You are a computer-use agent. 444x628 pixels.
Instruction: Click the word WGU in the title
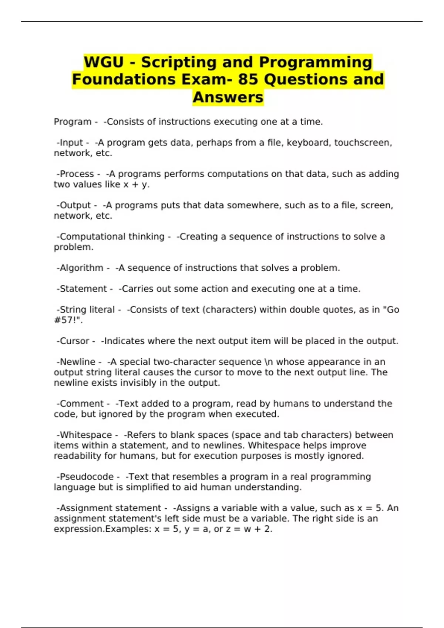click(104, 62)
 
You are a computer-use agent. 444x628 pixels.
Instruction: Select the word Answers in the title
click(228, 97)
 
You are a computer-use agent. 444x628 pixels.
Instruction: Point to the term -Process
click(75, 174)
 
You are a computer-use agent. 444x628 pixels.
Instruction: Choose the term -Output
click(74, 205)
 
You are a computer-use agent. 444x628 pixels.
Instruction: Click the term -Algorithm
click(80, 268)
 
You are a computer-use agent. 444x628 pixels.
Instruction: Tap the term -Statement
click(81, 289)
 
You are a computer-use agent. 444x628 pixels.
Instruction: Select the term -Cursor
click(73, 341)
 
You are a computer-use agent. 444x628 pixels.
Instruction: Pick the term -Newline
click(76, 362)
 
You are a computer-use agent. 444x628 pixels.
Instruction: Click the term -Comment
click(80, 404)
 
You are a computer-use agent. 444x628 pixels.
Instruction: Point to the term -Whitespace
click(84, 435)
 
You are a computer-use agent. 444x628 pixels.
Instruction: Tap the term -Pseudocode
click(85, 477)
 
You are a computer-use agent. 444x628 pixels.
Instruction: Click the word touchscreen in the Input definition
click(362, 143)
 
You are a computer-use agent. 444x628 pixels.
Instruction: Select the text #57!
click(67, 320)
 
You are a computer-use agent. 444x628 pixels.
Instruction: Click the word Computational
click(85, 236)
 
